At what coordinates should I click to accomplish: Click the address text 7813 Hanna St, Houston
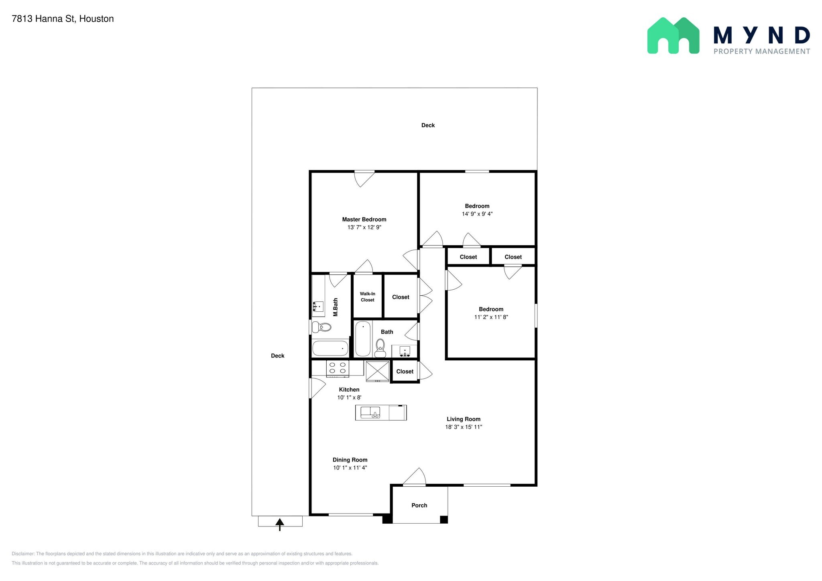63,19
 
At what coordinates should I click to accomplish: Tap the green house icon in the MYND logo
673,35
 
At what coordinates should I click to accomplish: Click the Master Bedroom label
364,219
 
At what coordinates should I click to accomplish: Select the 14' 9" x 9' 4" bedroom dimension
477,214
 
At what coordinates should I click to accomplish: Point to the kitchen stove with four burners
338,368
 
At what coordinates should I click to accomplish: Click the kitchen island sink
370,412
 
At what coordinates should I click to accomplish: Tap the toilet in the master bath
321,327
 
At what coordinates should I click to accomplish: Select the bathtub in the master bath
330,348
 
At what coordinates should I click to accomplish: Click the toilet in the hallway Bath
380,348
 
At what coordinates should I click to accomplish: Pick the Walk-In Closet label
367,297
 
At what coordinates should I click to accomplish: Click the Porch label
419,506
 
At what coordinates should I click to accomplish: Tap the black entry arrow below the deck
280,524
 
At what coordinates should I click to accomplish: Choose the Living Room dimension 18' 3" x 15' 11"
464,427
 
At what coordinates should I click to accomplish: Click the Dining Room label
350,460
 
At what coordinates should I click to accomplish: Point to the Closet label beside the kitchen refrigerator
405,372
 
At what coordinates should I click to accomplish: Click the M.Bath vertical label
336,307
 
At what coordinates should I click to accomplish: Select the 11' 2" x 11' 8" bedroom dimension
491,317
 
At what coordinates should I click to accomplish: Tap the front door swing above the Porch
415,477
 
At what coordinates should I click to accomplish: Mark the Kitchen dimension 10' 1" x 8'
349,398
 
